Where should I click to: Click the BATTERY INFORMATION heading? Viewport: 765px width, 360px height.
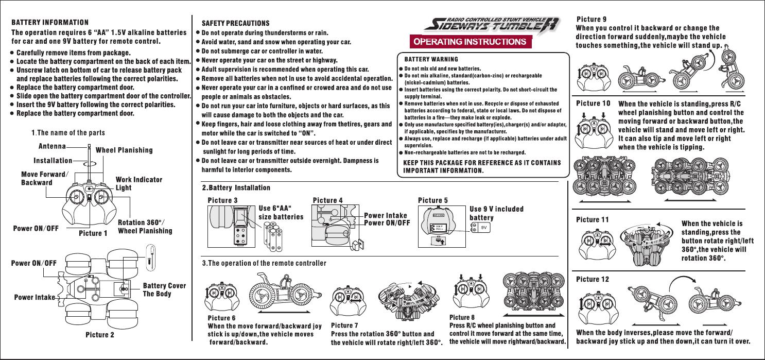pos(50,23)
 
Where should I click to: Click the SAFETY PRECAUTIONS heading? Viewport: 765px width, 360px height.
pos(236,24)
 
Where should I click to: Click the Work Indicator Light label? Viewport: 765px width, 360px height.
pos(139,183)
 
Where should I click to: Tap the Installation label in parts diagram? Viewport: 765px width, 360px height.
pos(53,162)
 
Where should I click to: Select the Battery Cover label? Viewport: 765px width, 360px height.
pos(164,286)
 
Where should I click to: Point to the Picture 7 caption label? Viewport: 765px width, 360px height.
pos(345,325)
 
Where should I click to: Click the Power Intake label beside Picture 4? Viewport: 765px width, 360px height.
pos(386,215)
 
